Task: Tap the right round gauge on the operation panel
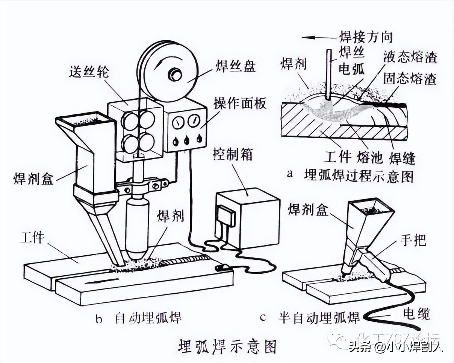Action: point(194,122)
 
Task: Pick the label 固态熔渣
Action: point(409,79)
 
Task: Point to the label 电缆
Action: point(416,314)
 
